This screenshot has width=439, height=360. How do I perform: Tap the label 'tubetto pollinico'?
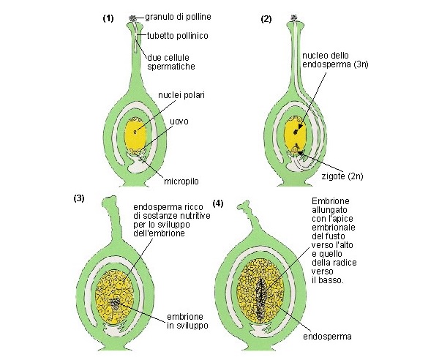pos(177,34)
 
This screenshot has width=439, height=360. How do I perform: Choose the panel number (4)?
pos(217,202)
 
